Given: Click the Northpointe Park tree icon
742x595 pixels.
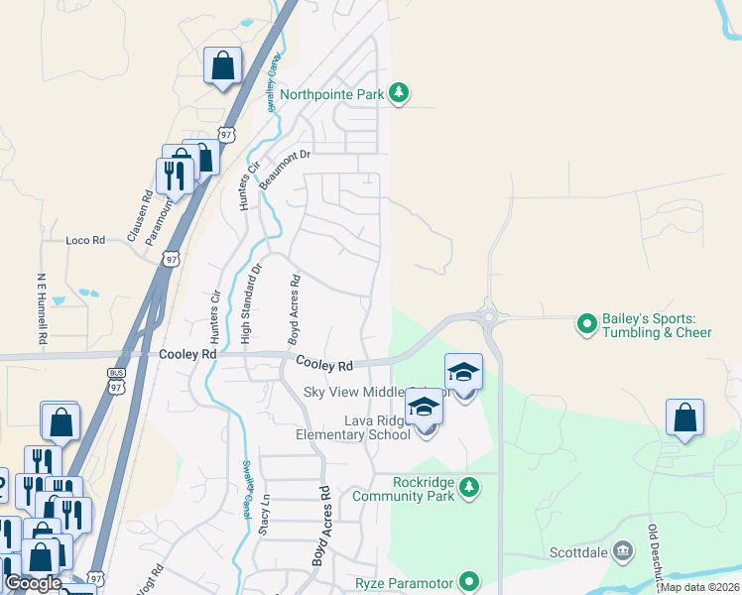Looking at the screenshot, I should pyautogui.click(x=399, y=93).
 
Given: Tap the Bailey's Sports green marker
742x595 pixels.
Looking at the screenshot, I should pyautogui.click(x=587, y=323).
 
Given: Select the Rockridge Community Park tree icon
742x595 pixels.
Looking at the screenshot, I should pyautogui.click(x=470, y=487).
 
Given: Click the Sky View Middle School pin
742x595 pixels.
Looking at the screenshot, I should pyautogui.click(x=463, y=374).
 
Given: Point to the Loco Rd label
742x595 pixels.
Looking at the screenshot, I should pyautogui.click(x=84, y=241).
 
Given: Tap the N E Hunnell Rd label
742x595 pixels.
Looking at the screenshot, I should pyautogui.click(x=42, y=308).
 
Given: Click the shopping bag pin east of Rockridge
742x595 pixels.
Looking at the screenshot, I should pyautogui.click(x=685, y=419).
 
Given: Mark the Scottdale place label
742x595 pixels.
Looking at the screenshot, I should pyautogui.click(x=580, y=551).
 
